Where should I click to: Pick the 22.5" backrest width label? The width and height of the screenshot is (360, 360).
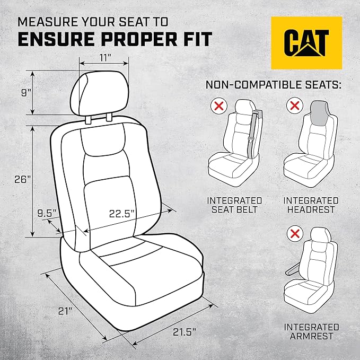(122, 214)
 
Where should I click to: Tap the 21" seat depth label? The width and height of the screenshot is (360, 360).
(66, 312)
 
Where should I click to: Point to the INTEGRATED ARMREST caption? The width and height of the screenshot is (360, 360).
(311, 331)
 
